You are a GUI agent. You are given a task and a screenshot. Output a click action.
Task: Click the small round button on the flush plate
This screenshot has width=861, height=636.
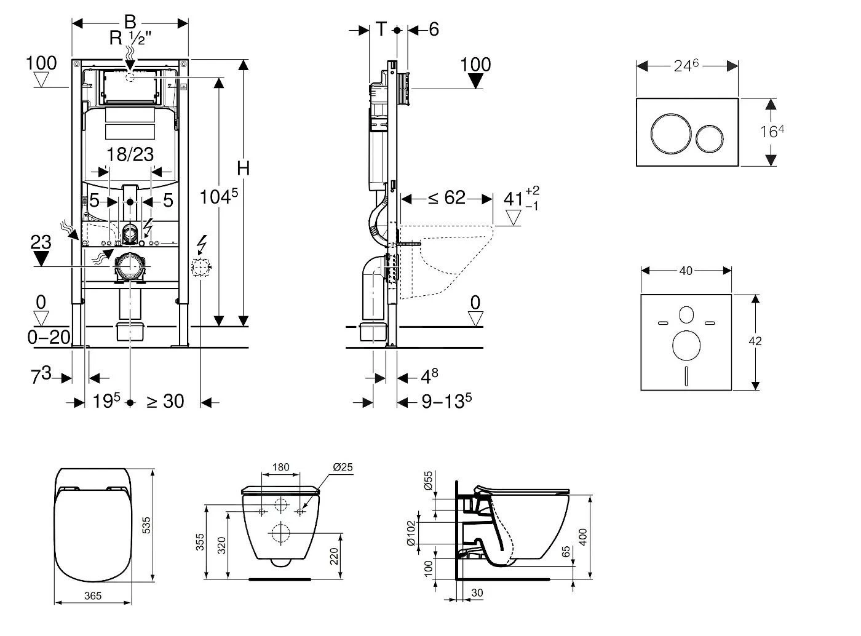pos(710,139)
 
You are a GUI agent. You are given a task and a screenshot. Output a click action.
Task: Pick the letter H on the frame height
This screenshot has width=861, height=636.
pos(244,168)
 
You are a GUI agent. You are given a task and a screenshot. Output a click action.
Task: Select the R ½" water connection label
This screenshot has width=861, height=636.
pos(130,38)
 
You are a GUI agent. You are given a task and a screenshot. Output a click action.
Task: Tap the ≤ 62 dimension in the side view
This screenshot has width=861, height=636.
pos(446,198)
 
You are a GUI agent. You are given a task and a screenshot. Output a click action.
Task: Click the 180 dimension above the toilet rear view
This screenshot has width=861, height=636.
pos(280,467)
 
